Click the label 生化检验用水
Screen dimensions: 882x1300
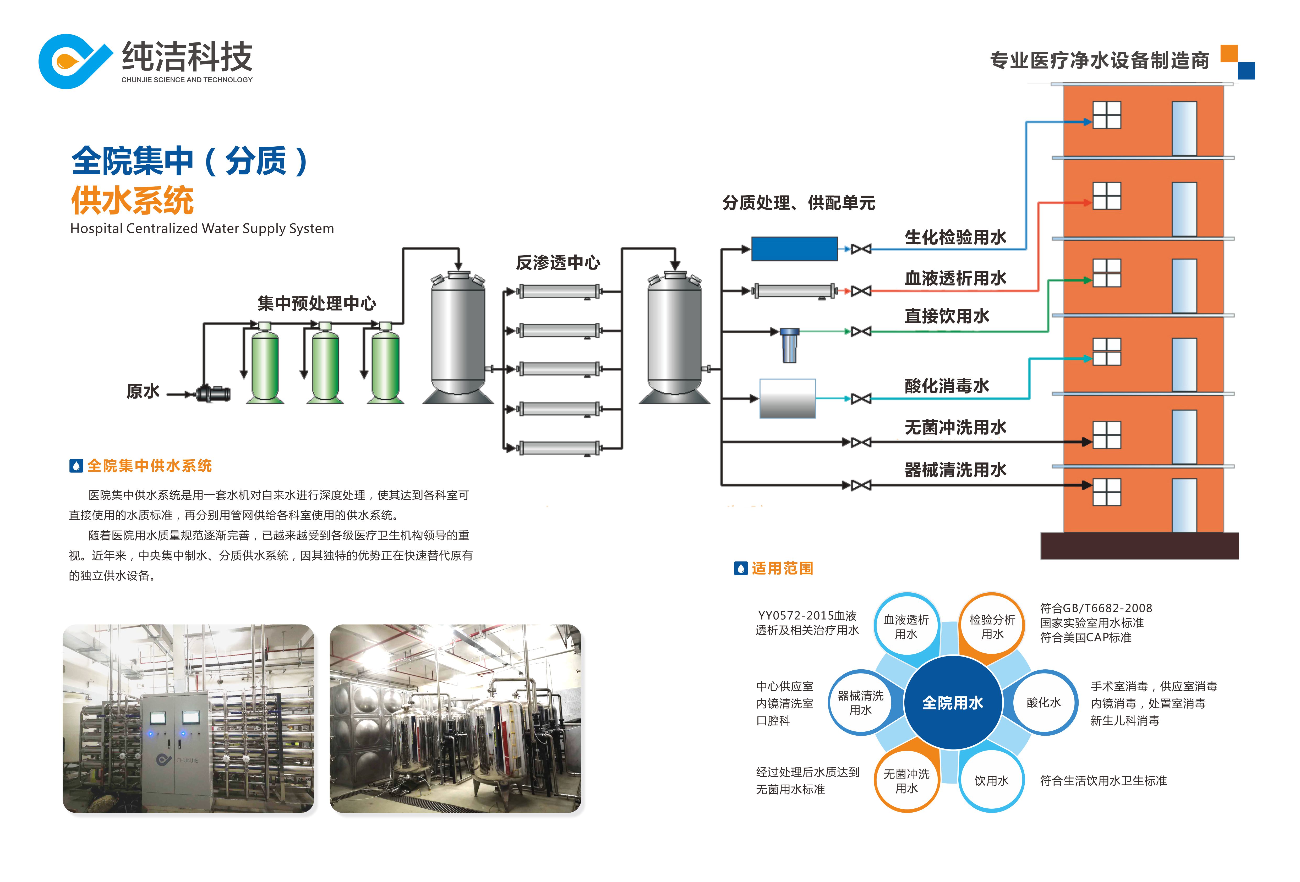[x=955, y=237]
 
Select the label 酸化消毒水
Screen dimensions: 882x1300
[x=947, y=385]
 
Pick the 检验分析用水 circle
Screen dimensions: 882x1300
[x=992, y=626]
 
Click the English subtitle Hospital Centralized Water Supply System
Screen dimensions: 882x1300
[x=202, y=229]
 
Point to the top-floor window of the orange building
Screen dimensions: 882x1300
[x=1106, y=115]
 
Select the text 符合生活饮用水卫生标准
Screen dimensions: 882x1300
[x=1103, y=781]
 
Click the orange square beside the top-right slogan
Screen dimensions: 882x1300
[x=1229, y=53]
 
